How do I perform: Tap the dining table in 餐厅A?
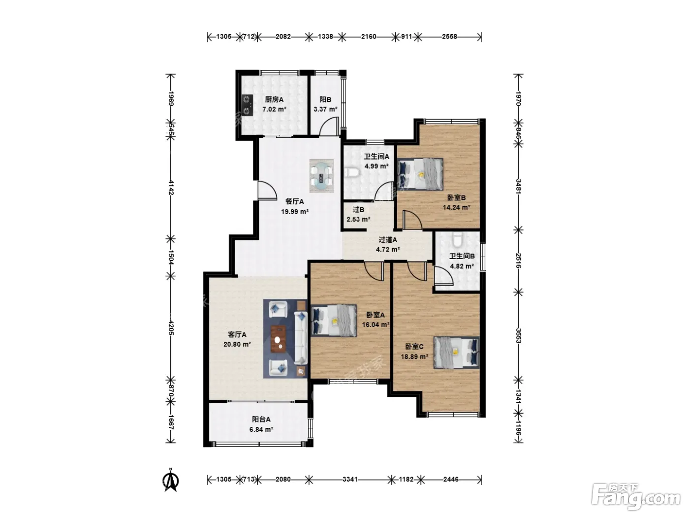[x=321, y=176]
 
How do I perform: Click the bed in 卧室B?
[x=420, y=174]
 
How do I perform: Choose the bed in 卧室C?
[x=456, y=353]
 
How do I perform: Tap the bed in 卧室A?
[x=334, y=321]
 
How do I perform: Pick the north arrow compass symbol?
[x=170, y=480]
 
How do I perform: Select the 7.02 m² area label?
[x=274, y=109]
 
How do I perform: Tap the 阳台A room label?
[x=261, y=419]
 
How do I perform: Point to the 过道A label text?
[x=388, y=240]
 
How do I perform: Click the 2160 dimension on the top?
[x=369, y=37]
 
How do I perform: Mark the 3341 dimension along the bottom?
[x=350, y=479]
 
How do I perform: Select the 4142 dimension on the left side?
[x=171, y=188]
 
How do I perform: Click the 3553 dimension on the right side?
[x=518, y=336]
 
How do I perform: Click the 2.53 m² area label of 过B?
[x=358, y=219]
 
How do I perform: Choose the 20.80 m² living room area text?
[x=237, y=344]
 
